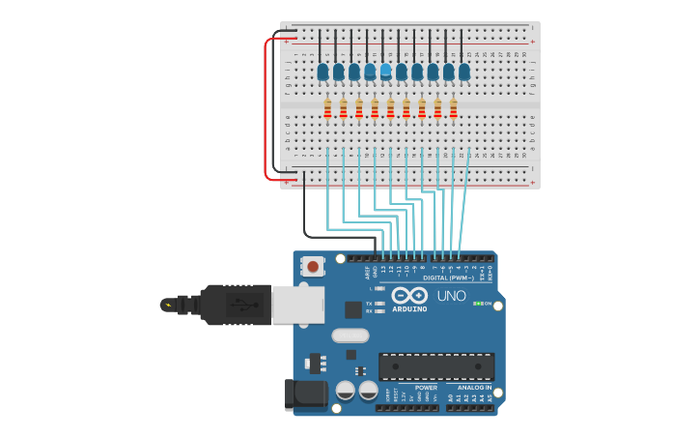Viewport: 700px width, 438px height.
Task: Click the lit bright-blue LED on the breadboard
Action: click(386, 70)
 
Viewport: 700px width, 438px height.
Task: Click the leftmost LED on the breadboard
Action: click(322, 71)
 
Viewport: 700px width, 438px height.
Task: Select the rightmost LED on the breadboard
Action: click(464, 71)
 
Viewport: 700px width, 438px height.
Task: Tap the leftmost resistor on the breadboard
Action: click(327, 108)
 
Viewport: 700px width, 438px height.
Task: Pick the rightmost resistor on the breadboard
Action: click(453, 108)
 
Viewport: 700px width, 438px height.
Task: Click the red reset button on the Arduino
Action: click(313, 266)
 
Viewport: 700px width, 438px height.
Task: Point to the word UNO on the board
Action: click(451, 296)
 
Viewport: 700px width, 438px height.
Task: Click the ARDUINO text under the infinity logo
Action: click(409, 309)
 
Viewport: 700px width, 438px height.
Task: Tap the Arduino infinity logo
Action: click(409, 295)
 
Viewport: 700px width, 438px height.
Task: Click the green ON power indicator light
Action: click(476, 304)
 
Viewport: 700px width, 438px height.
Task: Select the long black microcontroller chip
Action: click(436, 366)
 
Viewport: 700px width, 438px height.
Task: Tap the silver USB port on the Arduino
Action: click(297, 304)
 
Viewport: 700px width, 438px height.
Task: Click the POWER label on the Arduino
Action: click(426, 387)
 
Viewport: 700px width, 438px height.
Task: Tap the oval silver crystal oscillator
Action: click(350, 336)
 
